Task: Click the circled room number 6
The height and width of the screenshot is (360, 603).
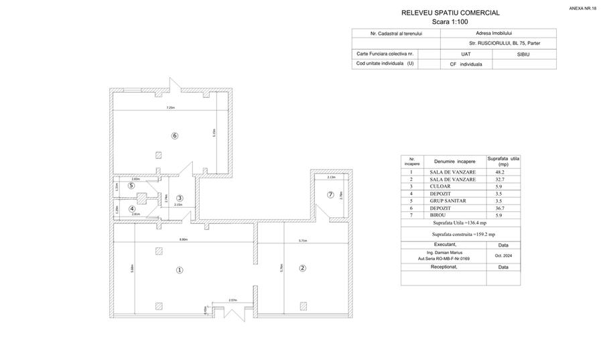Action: point(175,135)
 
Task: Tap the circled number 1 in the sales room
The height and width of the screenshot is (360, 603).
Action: point(179,270)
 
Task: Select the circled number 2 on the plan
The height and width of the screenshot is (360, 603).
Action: point(302,268)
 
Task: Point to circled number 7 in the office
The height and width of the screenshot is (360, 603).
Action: point(330,194)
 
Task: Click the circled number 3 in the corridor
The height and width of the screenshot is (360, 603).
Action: point(180,198)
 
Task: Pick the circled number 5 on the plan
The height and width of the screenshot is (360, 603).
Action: point(131,186)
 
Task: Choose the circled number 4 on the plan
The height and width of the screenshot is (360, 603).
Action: point(132,209)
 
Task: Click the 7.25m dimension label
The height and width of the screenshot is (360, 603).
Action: point(171,108)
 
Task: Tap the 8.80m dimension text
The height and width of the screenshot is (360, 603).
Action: point(183,239)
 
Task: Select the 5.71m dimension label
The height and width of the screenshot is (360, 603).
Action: point(302,240)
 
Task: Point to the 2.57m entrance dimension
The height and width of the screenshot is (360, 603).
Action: point(232,300)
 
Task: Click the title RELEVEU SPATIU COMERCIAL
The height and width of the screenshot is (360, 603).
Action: point(450,13)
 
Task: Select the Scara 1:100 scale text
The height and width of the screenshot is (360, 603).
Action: point(450,21)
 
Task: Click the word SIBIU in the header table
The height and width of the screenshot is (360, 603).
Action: point(523,54)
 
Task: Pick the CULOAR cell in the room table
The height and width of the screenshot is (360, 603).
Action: point(454,186)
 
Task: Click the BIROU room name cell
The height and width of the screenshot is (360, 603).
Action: point(454,215)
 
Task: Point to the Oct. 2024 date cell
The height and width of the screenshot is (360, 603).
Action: point(503,255)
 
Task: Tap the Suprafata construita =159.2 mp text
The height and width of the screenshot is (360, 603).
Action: point(464,234)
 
